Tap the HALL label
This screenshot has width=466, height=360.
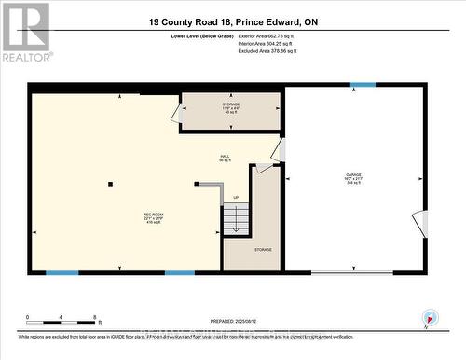(225, 157)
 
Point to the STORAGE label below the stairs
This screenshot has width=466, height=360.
(264, 249)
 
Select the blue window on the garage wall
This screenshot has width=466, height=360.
(363, 86)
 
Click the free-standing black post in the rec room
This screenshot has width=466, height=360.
(110, 184)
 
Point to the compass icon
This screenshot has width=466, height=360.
(429, 317)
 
